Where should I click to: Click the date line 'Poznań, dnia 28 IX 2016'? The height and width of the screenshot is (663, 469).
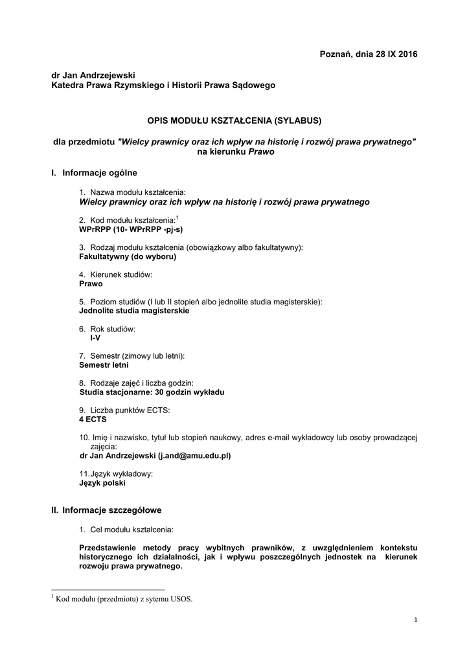click(x=369, y=54)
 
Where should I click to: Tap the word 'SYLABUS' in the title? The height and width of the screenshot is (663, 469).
click(x=298, y=120)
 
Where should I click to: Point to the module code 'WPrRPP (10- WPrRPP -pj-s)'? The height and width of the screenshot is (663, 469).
click(x=126, y=229)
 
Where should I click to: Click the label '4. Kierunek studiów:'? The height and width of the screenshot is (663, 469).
click(x=116, y=275)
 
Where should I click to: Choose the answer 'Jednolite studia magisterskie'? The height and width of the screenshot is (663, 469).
click(x=134, y=311)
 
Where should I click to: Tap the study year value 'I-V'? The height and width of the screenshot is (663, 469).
click(x=95, y=338)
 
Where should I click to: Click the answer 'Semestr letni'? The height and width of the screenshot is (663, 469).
click(x=104, y=365)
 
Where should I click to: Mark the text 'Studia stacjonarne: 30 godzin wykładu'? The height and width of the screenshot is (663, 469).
click(x=152, y=392)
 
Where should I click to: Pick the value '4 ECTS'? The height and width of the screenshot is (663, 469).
click(x=93, y=419)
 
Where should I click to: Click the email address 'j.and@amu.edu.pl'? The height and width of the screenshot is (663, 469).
click(x=195, y=455)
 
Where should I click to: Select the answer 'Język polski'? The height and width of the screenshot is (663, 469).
click(x=102, y=482)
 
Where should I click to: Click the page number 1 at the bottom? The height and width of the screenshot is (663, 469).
click(x=415, y=621)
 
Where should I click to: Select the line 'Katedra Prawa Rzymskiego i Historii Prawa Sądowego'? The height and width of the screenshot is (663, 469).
click(x=163, y=85)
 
